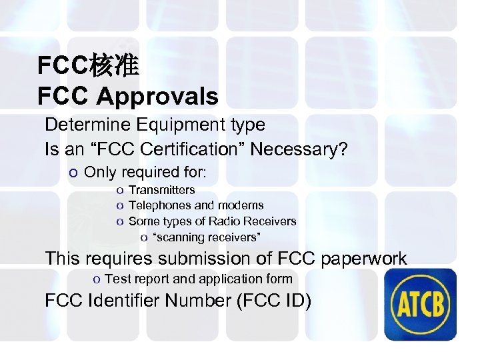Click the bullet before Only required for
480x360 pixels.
[x=73, y=173]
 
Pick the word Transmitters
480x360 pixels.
[x=161, y=191]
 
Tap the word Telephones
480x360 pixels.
[x=160, y=206]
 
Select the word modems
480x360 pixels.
[x=239, y=206]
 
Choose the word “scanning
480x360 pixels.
[x=179, y=237]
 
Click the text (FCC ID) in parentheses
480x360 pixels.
[x=273, y=301]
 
